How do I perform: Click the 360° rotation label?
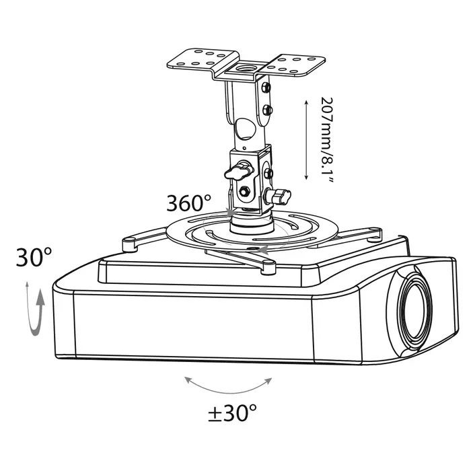click(188, 203)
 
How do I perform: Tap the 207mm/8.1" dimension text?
click(326, 140)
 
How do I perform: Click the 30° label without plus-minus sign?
click(34, 257)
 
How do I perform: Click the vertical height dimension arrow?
click(306, 140)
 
